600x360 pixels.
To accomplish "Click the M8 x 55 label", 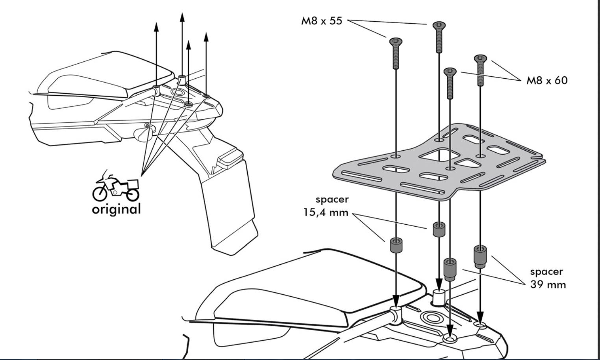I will [322, 20].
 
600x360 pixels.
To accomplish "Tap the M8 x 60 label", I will [547, 80].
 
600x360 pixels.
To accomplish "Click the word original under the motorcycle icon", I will [116, 209].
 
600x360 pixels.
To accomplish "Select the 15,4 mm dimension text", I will [326, 212].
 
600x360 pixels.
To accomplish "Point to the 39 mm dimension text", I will [548, 284].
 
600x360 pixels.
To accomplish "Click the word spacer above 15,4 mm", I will [332, 199].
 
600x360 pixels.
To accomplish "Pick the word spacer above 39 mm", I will [546, 271].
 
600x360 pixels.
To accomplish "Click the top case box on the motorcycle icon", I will [133, 184].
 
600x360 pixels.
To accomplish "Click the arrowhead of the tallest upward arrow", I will [182, 17].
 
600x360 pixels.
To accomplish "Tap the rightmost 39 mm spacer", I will [480, 256].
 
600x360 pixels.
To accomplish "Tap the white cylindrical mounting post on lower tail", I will [439, 296].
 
